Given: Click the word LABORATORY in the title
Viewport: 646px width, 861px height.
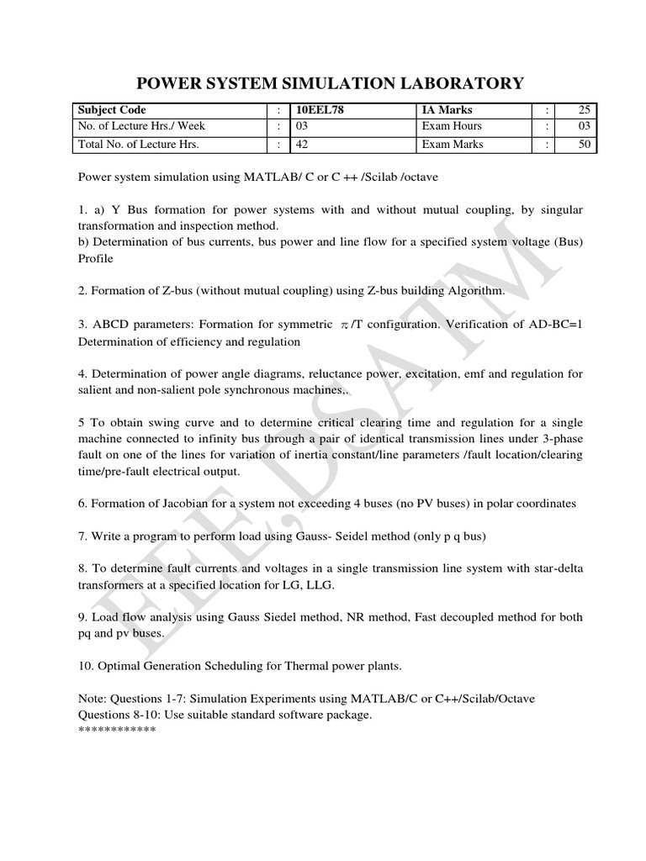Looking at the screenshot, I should point(455,82).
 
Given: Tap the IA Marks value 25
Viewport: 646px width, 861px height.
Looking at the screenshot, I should point(585,110).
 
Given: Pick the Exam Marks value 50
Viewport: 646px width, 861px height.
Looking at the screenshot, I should point(585,145).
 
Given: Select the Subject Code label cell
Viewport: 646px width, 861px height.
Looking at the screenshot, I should point(112,110).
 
